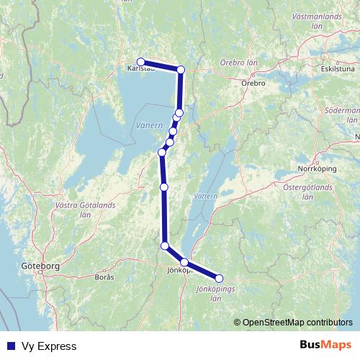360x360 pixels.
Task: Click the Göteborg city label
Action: (x=42, y=266)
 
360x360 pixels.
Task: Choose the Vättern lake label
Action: (x=204, y=195)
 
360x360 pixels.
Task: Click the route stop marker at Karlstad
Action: (x=141, y=62)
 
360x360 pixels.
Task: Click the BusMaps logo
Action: (x=324, y=346)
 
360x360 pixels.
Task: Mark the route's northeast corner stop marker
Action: (x=181, y=70)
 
